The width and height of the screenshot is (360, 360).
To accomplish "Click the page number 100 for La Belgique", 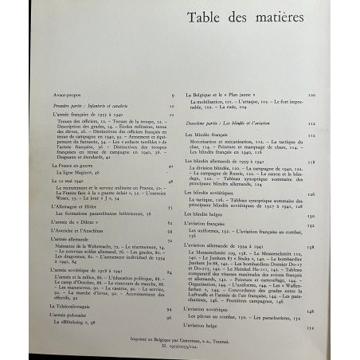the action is point(335,95).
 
